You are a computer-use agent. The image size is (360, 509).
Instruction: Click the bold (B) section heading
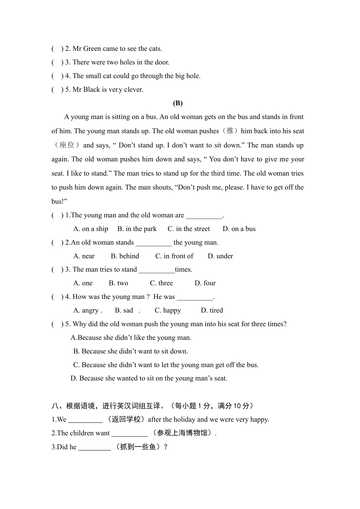tap(178, 103)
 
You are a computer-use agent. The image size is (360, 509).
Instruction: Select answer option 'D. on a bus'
tap(239, 229)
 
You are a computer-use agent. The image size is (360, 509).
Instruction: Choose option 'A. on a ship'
tap(91, 229)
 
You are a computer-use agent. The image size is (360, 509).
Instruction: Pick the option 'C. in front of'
tap(174, 256)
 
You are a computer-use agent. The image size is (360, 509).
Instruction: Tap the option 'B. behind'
tap(125, 256)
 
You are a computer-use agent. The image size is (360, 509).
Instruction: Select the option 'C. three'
tap(161, 283)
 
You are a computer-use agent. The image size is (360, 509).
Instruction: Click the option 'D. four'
tap(205, 283)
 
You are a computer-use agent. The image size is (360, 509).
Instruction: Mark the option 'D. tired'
tap(212, 311)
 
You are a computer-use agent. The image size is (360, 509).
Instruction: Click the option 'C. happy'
tap(168, 311)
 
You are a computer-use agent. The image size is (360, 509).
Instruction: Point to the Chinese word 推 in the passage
tap(230, 131)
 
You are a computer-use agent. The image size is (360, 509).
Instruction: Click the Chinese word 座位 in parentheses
tap(67, 145)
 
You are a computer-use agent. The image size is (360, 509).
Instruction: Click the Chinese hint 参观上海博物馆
tap(182, 433)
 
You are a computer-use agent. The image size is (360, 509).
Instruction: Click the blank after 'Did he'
tap(95, 447)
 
